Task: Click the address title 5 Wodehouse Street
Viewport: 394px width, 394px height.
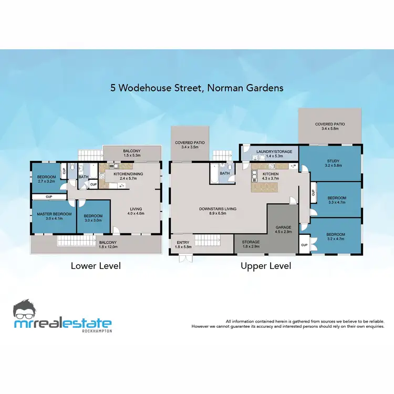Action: (x=196, y=88)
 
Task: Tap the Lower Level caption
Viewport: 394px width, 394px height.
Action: (x=96, y=266)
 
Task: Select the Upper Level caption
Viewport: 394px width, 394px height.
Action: (x=266, y=266)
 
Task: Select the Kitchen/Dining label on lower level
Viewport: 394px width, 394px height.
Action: (x=128, y=176)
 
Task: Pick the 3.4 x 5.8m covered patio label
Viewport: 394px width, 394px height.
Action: (x=329, y=126)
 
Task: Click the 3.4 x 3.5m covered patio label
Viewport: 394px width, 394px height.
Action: (x=190, y=145)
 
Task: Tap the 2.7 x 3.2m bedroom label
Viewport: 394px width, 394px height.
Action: (x=46, y=179)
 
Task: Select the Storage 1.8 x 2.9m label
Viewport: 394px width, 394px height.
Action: (x=250, y=244)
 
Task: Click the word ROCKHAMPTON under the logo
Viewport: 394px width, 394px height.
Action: (x=97, y=331)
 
